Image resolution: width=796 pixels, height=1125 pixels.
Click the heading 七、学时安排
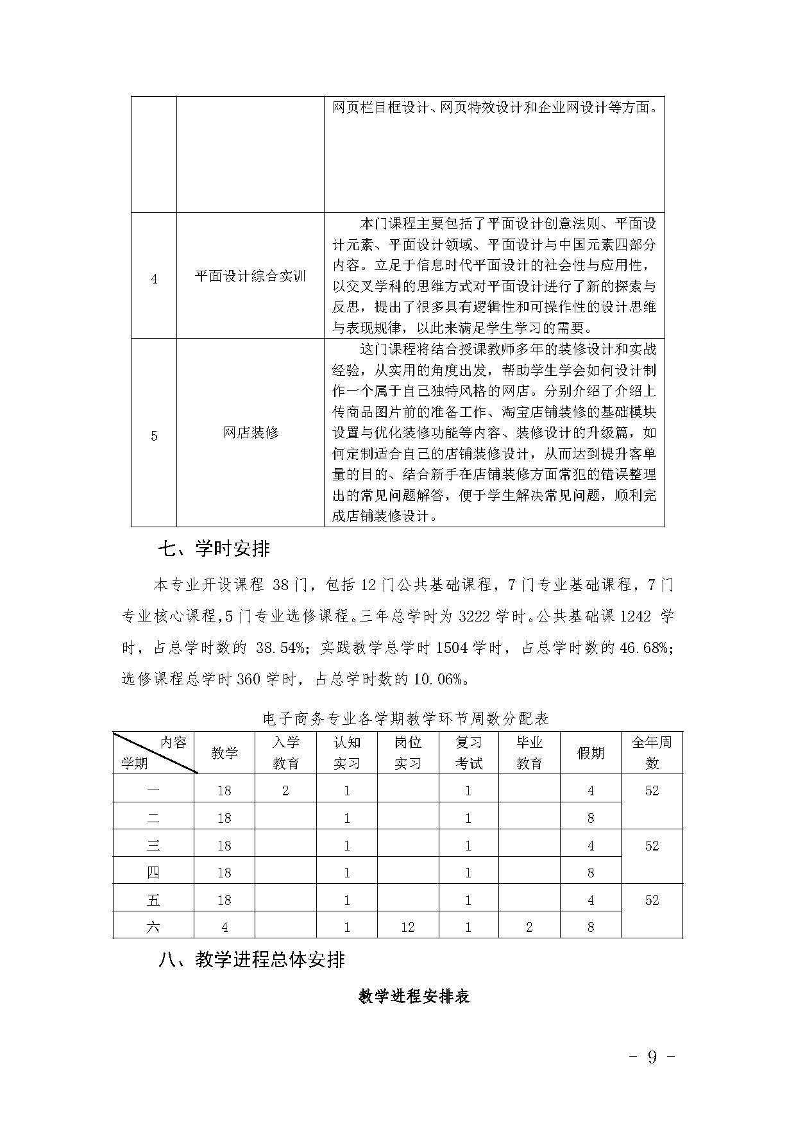(x=214, y=549)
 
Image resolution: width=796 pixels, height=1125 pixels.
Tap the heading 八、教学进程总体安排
(x=251, y=960)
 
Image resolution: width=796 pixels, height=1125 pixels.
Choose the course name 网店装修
(x=250, y=433)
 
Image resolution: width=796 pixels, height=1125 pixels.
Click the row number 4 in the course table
(x=154, y=280)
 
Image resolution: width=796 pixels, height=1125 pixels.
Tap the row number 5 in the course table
(x=154, y=436)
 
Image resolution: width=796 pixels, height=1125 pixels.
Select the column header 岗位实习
(x=407, y=753)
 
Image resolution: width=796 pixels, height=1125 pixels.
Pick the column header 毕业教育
(x=529, y=753)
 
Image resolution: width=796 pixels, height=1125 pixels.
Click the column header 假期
(x=590, y=753)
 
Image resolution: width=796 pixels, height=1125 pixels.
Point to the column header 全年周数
(x=652, y=753)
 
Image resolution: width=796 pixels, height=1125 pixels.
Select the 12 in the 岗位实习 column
(x=407, y=927)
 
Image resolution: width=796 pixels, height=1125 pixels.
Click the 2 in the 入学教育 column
(x=285, y=791)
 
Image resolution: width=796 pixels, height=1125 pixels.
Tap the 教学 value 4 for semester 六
(x=224, y=927)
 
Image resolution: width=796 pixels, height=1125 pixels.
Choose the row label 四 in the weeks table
(x=153, y=873)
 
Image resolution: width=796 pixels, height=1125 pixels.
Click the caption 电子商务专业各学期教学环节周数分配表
(x=406, y=718)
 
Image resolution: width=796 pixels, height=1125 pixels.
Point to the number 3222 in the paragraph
(x=475, y=617)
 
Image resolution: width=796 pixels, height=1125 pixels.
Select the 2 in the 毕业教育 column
(x=529, y=927)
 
